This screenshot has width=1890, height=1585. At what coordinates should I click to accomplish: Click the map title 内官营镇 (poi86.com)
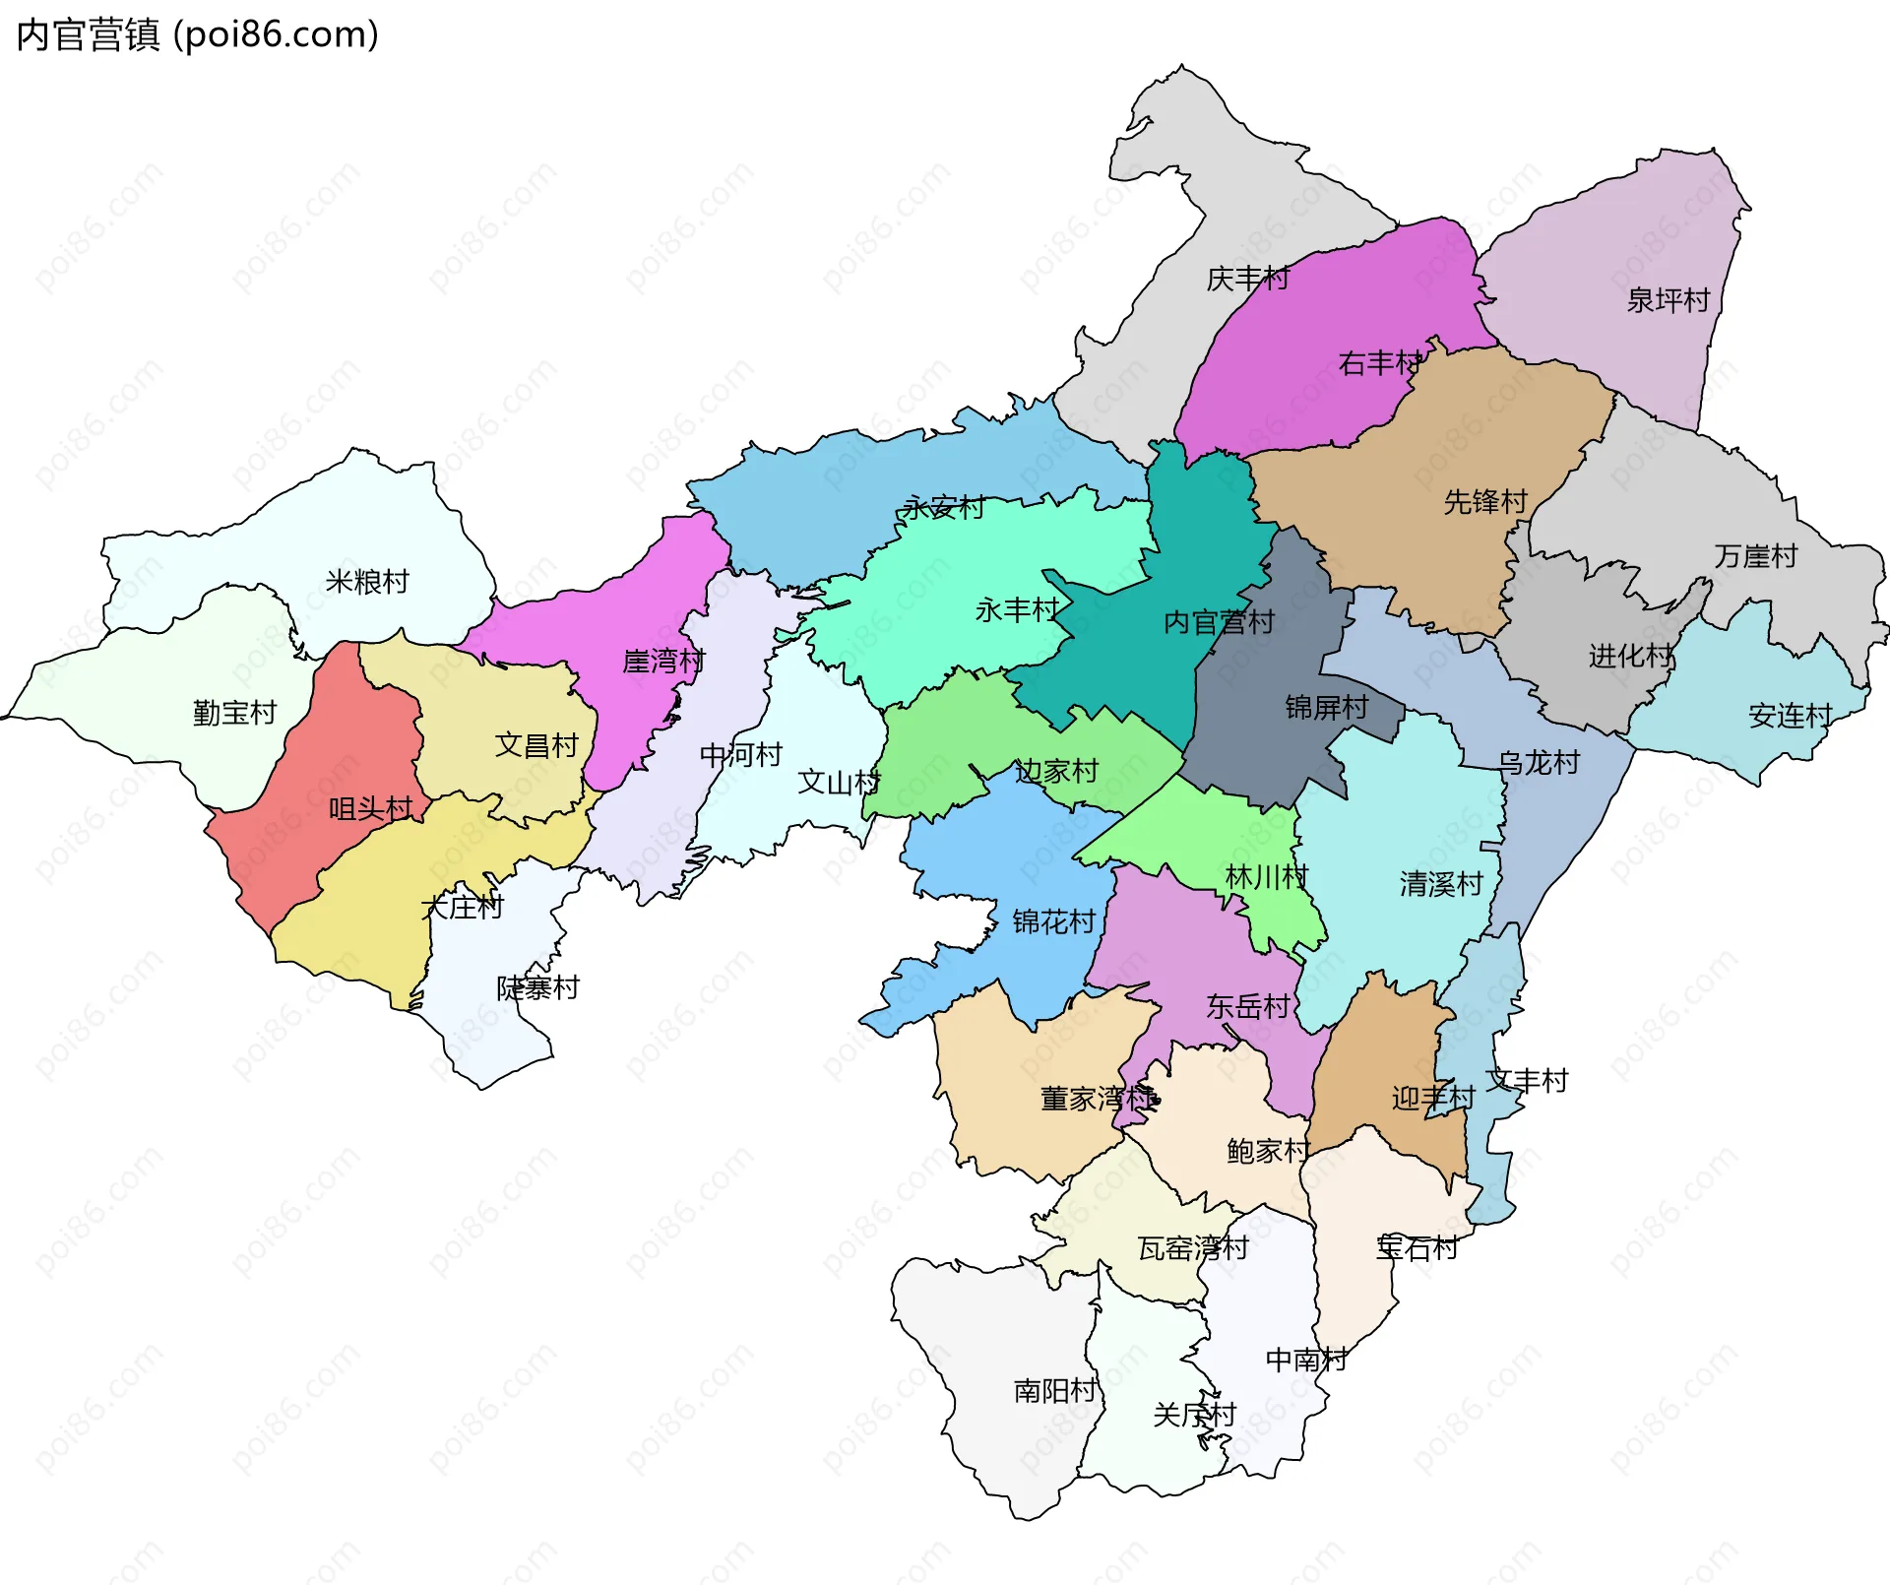(x=197, y=35)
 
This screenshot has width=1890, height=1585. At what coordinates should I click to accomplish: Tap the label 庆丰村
(x=1247, y=280)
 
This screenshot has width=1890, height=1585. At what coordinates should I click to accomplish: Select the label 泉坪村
(x=1668, y=300)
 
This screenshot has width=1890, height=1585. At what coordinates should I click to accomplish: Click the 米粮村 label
(x=367, y=582)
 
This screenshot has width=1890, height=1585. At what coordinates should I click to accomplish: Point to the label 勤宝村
(x=234, y=713)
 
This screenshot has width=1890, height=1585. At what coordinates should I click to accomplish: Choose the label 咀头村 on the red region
(x=370, y=809)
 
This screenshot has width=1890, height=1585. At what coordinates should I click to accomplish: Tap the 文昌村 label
(x=536, y=745)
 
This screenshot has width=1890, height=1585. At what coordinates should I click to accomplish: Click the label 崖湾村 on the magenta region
(x=663, y=662)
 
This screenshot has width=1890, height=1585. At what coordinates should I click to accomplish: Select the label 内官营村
(x=1219, y=622)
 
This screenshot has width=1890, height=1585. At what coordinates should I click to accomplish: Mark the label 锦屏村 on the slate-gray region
(x=1326, y=708)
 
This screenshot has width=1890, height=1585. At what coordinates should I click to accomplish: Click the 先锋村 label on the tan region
(x=1485, y=502)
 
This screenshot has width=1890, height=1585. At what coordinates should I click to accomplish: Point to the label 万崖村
(x=1755, y=557)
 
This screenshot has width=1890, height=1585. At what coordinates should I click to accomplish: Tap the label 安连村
(x=1790, y=716)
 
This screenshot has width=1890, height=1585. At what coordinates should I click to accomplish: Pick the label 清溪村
(x=1441, y=884)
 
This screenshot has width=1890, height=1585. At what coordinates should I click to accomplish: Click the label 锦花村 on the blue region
(x=1053, y=922)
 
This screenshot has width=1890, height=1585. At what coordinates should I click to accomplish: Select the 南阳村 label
(x=1055, y=1391)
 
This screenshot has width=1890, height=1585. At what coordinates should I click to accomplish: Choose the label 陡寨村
(x=537, y=987)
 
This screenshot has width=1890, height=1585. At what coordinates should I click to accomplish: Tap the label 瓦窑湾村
(x=1193, y=1248)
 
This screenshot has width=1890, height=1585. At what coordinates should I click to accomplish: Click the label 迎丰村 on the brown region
(x=1432, y=1099)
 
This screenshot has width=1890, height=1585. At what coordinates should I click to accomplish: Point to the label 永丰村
(x=1017, y=610)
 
